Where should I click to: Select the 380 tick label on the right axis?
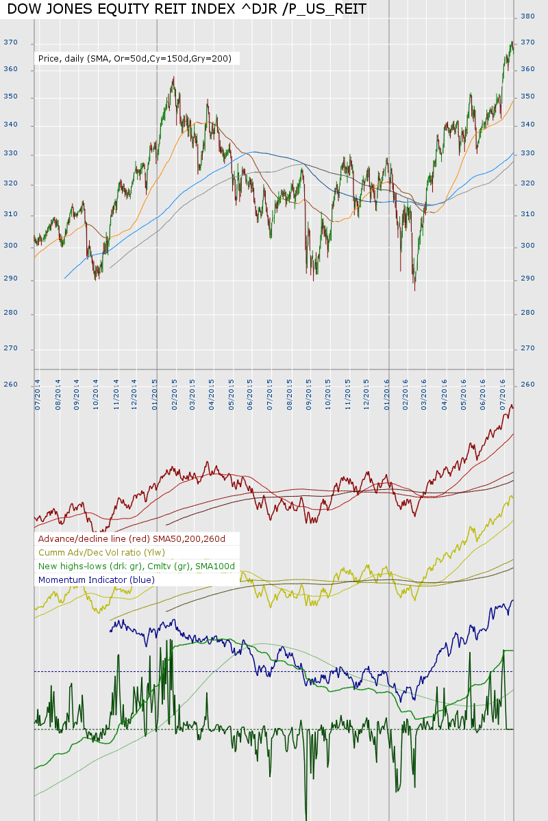click(528, 16)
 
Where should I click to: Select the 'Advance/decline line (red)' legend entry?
click(132, 539)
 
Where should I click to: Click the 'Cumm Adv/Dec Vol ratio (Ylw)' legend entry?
click(101, 553)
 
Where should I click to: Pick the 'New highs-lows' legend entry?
click(136, 566)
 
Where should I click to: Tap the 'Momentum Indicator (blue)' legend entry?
click(97, 580)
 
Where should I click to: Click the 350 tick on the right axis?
click(528, 97)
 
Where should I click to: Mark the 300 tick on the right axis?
click(528, 245)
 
